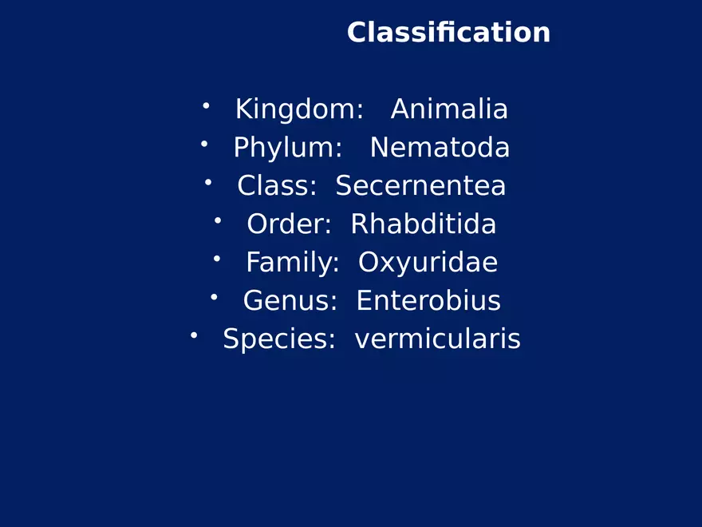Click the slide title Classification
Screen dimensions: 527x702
pyautogui.click(x=448, y=33)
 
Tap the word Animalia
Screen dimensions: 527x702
pyautogui.click(x=449, y=109)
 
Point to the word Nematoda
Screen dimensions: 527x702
pyautogui.click(x=440, y=148)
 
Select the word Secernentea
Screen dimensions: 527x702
pyautogui.click(x=420, y=186)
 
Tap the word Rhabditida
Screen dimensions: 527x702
pyautogui.click(x=424, y=224)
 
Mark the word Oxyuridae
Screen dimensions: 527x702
pyautogui.click(x=428, y=263)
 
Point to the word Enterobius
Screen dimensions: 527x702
pyautogui.click(x=428, y=301)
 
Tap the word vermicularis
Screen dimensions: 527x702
pyautogui.click(x=437, y=339)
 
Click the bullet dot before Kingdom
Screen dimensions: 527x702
pyautogui.click(x=206, y=105)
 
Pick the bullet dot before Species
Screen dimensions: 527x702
pyautogui.click(x=194, y=335)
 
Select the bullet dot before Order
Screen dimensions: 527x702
pyautogui.click(x=218, y=220)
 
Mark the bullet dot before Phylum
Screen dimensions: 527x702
pyautogui.click(x=204, y=143)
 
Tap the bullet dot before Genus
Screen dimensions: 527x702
pyautogui.click(x=214, y=296)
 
